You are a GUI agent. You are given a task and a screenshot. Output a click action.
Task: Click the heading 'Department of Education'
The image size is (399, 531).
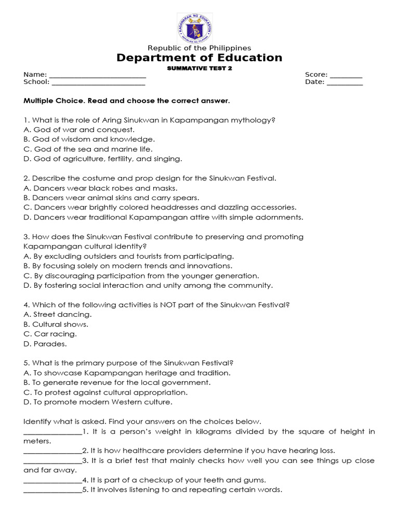(199, 58)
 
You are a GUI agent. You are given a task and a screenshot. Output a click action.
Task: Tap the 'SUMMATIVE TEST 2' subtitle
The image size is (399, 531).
(199, 68)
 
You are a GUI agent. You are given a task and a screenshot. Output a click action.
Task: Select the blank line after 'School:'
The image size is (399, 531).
(98, 82)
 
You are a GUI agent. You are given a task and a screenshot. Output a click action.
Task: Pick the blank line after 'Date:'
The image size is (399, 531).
(344, 82)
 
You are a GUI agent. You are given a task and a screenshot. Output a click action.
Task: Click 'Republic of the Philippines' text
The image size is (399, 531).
(199, 48)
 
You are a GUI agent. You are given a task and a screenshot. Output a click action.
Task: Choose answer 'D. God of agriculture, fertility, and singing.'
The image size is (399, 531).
(103, 159)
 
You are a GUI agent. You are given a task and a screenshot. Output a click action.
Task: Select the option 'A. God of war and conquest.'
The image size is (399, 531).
(79, 130)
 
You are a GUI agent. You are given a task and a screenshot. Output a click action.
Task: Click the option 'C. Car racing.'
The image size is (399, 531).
(50, 334)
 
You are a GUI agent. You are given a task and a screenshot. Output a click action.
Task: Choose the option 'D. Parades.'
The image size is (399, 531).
(45, 343)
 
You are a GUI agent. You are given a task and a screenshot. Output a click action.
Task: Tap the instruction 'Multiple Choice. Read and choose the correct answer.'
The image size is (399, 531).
(126, 101)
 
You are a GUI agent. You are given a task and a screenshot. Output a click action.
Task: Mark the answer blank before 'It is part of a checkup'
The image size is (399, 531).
(52, 480)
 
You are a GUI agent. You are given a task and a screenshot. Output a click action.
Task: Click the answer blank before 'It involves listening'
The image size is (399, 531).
(52, 490)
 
